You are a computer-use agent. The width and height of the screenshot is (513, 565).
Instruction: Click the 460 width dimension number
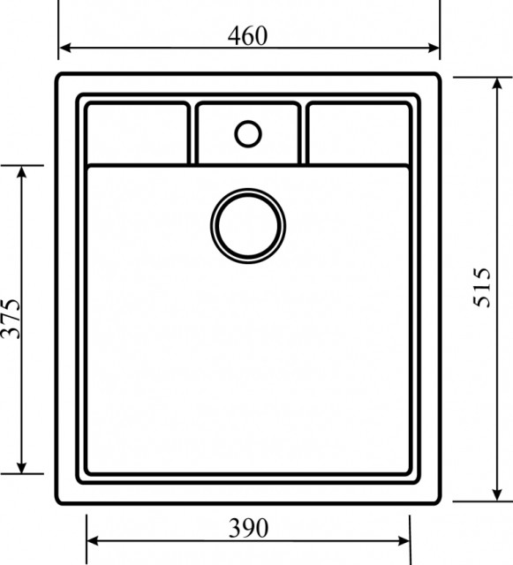click(247, 36)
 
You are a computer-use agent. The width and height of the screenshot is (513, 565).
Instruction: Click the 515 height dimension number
click(481, 287)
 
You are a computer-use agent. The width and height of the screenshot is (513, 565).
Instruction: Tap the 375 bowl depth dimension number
click(11, 319)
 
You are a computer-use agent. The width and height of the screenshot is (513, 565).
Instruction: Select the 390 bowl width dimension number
click(248, 528)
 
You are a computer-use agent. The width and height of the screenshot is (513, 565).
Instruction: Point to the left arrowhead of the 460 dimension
click(64, 48)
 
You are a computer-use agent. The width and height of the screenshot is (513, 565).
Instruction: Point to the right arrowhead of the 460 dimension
click(434, 48)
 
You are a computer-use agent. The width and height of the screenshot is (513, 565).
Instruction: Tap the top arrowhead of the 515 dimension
click(497, 84)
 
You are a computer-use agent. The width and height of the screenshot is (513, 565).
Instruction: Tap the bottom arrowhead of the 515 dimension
click(497, 494)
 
